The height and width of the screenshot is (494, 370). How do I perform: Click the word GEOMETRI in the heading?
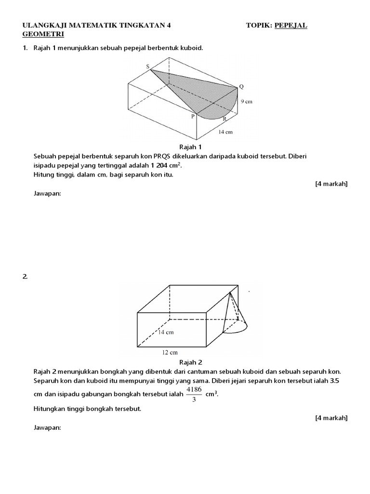(43, 34)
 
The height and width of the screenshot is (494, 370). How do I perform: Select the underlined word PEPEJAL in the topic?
(291, 25)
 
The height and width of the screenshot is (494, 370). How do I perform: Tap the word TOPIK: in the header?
(259, 25)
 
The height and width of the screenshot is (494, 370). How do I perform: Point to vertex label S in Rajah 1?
(148, 67)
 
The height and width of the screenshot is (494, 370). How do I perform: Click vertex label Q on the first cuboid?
(241, 86)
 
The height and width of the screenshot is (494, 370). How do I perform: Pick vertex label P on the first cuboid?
(193, 116)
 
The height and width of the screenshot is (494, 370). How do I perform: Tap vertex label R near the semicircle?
(225, 119)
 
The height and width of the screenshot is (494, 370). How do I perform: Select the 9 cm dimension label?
(247, 102)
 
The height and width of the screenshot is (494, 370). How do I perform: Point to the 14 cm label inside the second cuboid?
(166, 332)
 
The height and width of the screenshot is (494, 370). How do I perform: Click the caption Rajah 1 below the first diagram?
(190, 147)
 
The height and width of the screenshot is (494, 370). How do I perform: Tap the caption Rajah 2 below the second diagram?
(190, 362)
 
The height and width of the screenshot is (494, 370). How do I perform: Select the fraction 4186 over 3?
(193, 394)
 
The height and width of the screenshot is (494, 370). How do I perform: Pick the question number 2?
(25, 276)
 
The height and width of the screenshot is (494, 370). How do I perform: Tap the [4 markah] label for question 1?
(331, 184)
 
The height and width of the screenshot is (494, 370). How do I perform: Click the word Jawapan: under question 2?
(47, 427)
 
